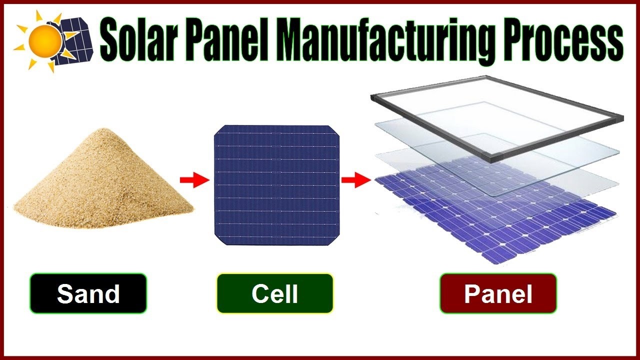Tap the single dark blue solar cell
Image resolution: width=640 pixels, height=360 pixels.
[276, 185]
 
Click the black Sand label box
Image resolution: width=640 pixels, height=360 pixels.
[88, 293]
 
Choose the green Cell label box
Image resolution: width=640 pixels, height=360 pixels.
[274, 293]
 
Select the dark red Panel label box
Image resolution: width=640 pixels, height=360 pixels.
[498, 293]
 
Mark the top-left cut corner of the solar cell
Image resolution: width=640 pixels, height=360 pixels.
[218, 131]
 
